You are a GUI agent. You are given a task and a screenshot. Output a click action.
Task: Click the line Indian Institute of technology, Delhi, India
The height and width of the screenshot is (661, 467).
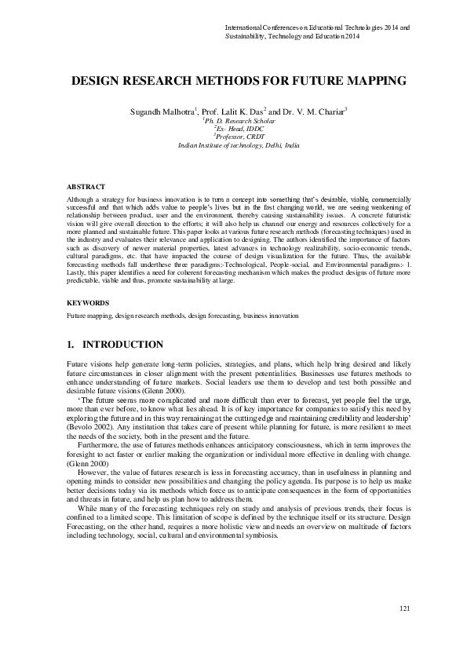click(233, 145)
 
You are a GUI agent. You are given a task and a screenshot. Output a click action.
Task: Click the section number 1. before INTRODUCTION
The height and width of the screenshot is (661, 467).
click(69, 345)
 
